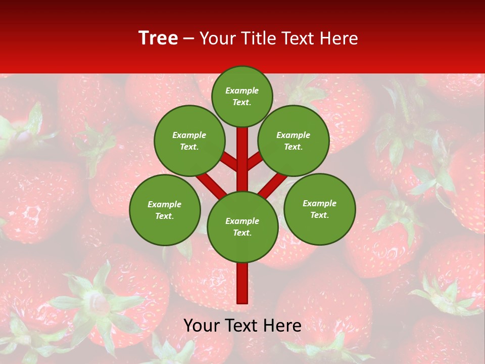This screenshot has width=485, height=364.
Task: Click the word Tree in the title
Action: tap(158, 38)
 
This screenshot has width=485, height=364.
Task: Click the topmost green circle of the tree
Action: tap(242, 96)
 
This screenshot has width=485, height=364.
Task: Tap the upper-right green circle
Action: tap(294, 141)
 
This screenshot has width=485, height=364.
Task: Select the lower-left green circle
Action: tap(165, 210)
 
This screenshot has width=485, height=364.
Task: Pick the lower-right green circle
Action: tap(320, 209)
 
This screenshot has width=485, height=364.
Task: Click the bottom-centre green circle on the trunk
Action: tap(243, 227)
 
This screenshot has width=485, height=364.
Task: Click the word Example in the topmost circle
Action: tap(242, 90)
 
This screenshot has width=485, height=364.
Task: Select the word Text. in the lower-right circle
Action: tap(320, 215)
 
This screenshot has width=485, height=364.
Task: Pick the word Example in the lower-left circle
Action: tap(165, 204)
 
